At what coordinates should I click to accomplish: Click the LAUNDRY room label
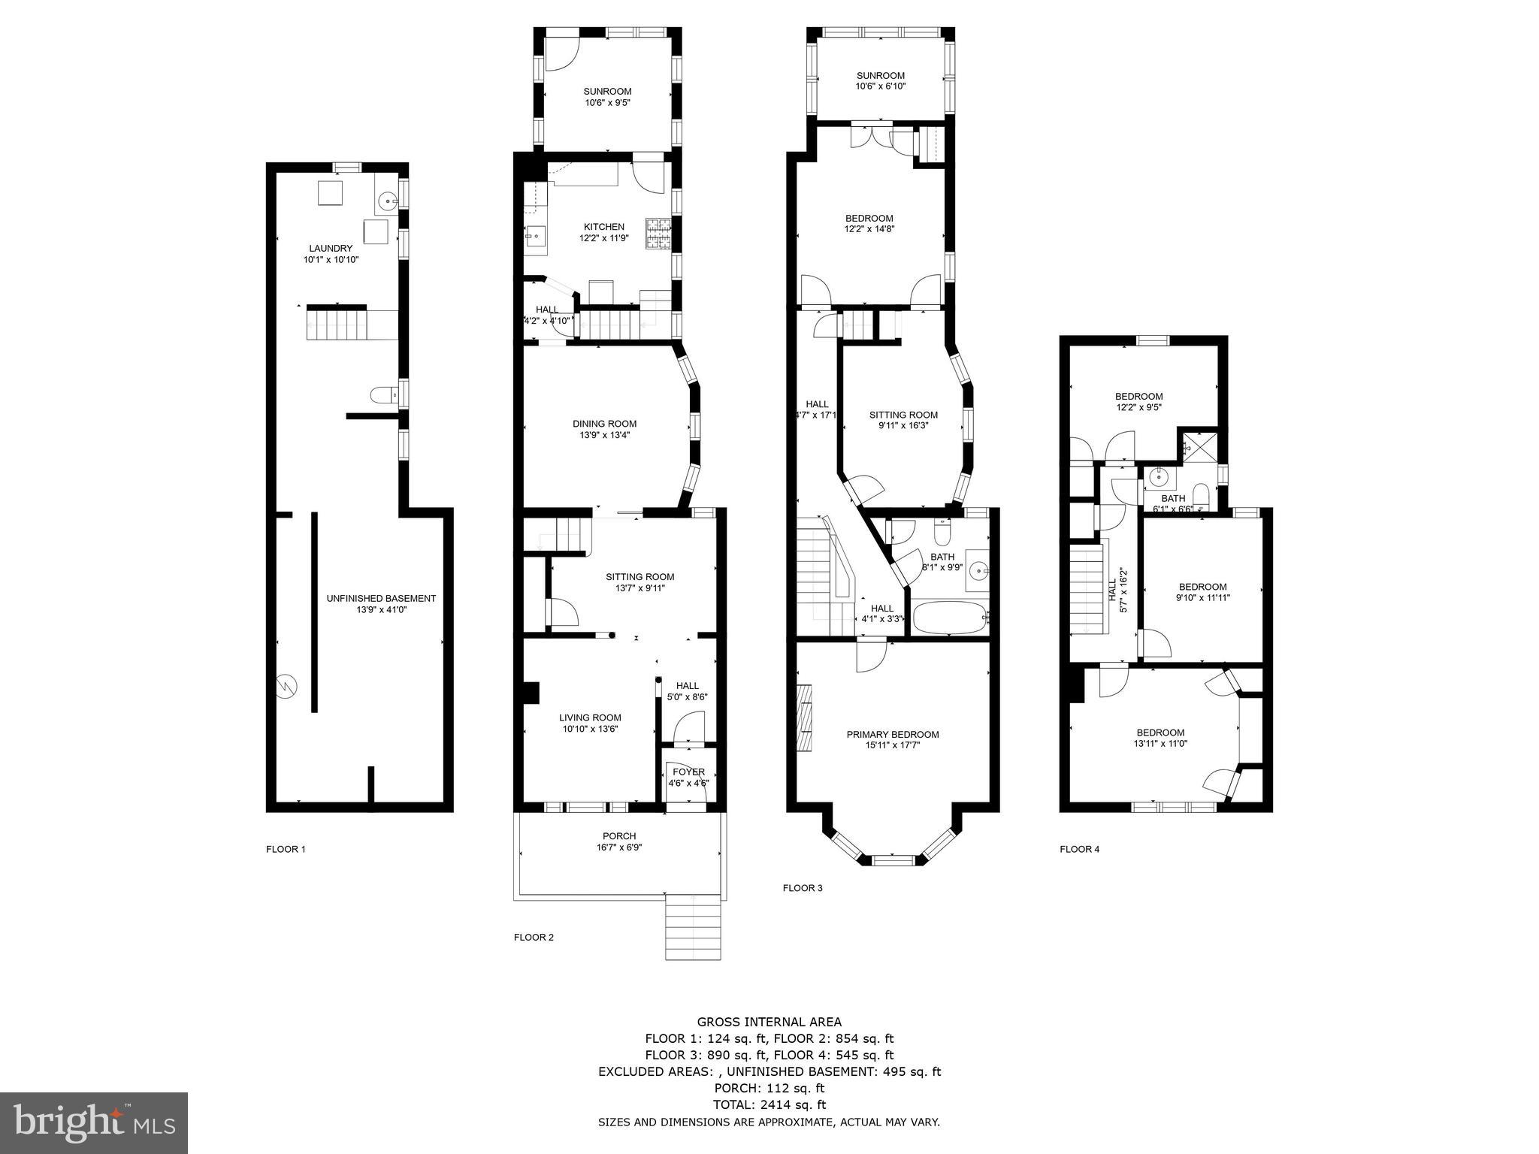(x=330, y=249)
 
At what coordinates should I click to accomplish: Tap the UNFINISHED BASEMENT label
(x=380, y=599)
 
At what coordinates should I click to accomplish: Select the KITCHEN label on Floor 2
(x=603, y=227)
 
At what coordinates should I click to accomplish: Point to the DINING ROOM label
(x=604, y=424)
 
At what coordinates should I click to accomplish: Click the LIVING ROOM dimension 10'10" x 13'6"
(x=590, y=729)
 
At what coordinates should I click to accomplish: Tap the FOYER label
(x=688, y=772)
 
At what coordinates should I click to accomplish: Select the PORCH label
(x=619, y=836)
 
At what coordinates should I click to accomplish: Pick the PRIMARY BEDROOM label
(x=892, y=735)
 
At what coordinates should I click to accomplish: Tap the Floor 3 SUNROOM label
(x=880, y=76)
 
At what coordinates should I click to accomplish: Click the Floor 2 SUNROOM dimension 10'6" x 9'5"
(x=606, y=102)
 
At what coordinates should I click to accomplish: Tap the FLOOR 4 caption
(x=1079, y=850)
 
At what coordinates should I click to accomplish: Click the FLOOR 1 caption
(x=286, y=850)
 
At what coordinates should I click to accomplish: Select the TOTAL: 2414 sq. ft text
(x=769, y=1104)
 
